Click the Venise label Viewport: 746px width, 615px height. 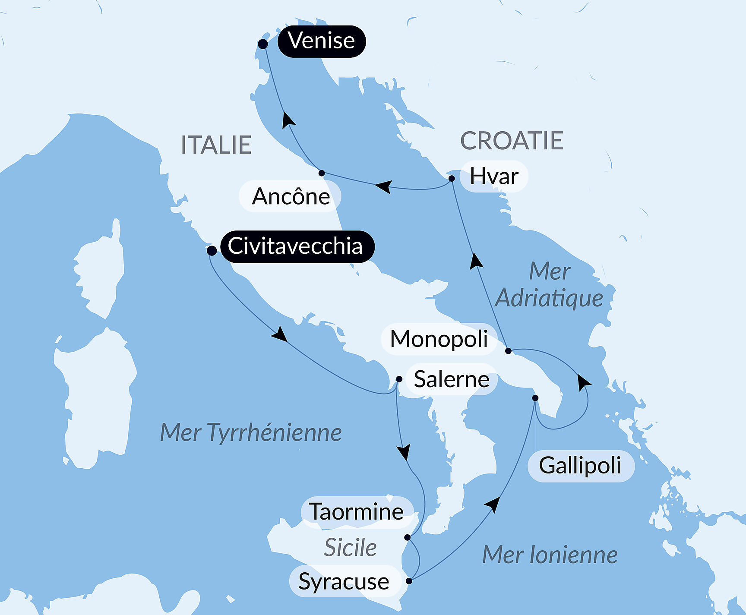(x=322, y=41)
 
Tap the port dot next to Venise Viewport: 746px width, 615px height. (x=262, y=44)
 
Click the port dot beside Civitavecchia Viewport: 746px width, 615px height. (x=212, y=251)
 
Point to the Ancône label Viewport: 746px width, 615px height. (x=290, y=196)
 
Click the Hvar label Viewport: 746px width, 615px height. (x=494, y=176)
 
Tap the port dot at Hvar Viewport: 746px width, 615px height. (x=452, y=178)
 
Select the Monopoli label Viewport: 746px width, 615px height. (x=439, y=339)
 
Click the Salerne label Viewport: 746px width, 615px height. (x=451, y=379)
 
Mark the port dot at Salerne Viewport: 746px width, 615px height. (x=399, y=379)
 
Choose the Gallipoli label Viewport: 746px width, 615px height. (x=581, y=466)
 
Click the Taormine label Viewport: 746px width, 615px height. (x=357, y=512)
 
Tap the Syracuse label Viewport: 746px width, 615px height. (x=344, y=581)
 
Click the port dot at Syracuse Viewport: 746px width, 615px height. (x=409, y=581)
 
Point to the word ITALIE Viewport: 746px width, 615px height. (x=216, y=145)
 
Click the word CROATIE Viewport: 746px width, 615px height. (x=512, y=141)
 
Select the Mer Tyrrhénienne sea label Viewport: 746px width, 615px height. (x=251, y=432)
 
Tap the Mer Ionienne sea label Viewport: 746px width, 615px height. (x=550, y=555)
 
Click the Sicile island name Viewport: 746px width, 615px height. (x=350, y=548)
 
